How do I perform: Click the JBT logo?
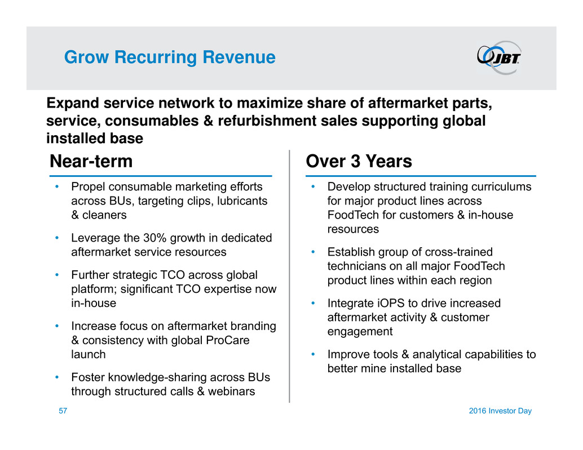coord(499,57)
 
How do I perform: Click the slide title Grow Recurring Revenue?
coord(170,57)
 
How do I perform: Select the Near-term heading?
coord(91,161)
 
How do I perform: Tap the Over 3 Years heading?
coord(359,161)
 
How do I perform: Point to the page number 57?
coord(63,411)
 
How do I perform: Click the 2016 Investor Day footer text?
coord(500,411)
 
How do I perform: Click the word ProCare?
coord(228,340)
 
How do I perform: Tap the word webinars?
coord(231,391)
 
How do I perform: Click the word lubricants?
coord(242,201)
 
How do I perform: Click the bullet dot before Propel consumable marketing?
coord(57,186)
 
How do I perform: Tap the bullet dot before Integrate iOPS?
coord(313,303)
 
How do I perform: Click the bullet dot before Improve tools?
coord(313,354)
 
